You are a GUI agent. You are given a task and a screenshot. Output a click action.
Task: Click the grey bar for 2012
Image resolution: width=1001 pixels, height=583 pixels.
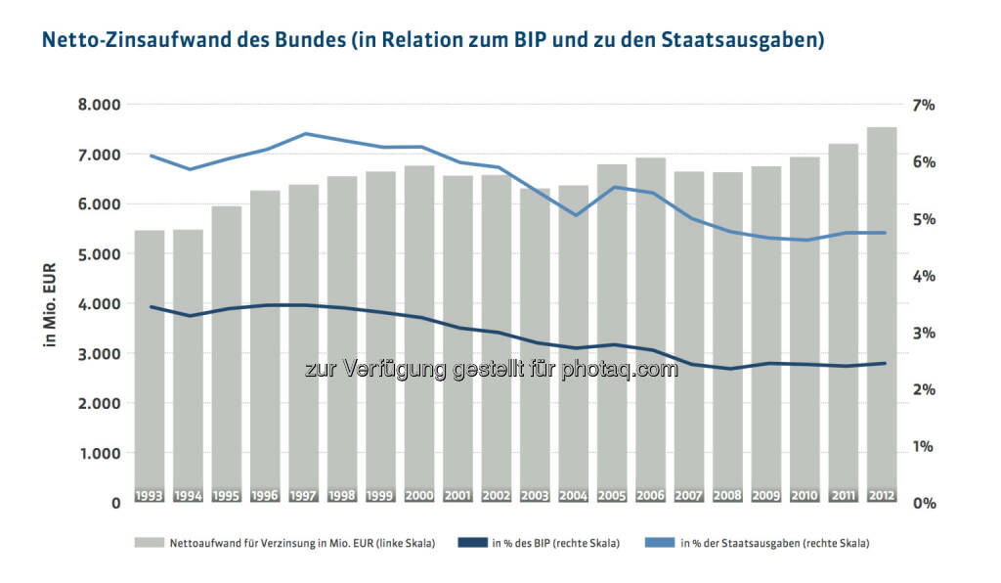(882, 313)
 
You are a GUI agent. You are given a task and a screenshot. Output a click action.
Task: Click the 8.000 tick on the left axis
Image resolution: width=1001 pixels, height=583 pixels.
(98, 105)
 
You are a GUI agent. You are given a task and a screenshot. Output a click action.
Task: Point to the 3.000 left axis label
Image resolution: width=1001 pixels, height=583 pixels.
(98, 354)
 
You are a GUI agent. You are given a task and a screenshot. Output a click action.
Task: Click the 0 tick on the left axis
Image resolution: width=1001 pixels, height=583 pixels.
(115, 503)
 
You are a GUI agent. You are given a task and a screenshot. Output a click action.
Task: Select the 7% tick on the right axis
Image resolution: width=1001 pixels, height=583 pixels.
(924, 105)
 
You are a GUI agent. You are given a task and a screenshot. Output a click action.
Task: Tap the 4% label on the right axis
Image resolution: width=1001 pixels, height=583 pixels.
(924, 276)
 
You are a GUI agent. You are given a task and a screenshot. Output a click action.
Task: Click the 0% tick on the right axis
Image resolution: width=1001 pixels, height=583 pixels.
(924, 503)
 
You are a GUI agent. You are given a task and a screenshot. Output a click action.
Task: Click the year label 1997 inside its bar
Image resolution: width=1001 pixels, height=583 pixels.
(303, 496)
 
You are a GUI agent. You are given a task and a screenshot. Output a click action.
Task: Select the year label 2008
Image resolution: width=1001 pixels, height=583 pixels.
(727, 496)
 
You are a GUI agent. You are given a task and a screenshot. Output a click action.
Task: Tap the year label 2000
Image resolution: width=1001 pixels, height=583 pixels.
(418, 496)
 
